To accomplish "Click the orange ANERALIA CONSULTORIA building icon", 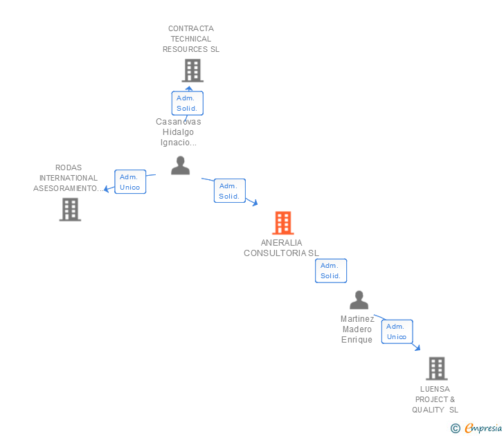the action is point(283,223).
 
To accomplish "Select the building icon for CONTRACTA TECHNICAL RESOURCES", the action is point(192,71).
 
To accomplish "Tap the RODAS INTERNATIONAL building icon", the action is point(70,210).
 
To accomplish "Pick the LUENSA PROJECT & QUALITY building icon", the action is point(437,369).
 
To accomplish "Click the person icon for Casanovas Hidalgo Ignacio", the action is point(180,165).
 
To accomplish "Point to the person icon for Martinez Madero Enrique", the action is point(359,300).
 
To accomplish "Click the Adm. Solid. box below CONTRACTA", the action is point(188,103).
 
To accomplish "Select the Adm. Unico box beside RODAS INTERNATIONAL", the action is point(130,182).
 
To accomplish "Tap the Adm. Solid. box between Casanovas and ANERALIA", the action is point(230,191).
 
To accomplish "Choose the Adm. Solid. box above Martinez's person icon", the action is point(331,271).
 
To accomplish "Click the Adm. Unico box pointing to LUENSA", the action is point(397,331).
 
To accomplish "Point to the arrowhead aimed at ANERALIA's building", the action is point(255,203).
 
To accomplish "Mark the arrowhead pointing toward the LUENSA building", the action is point(417,347).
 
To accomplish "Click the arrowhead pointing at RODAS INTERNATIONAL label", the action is point(107,189).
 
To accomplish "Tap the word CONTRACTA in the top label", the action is point(191,28).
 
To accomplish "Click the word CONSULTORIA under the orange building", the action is point(275,253).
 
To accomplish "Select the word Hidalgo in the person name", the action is point(178,132).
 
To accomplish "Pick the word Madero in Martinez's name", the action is point(357,329).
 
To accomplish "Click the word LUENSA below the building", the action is point(435,389).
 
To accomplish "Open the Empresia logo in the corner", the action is point(476,428).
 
